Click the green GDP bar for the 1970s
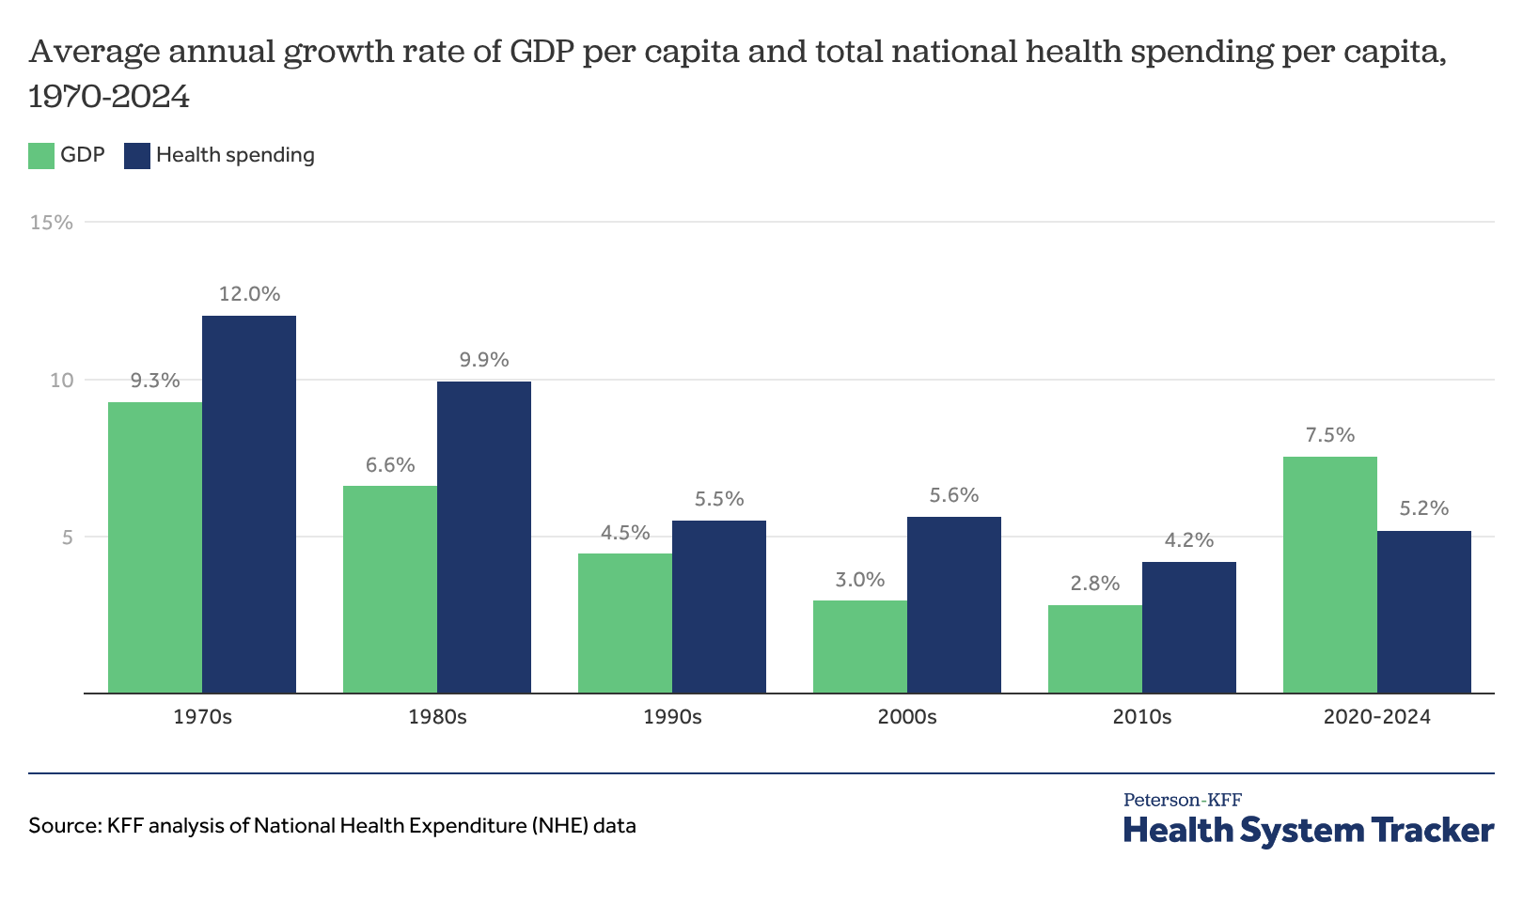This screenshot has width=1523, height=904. point(155,548)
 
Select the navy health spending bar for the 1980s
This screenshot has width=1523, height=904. point(484,538)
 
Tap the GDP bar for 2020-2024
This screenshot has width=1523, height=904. point(1330,575)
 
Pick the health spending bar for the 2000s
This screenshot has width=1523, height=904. point(954,605)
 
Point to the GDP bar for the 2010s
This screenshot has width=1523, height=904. point(1095,649)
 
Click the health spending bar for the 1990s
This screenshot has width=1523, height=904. point(719,607)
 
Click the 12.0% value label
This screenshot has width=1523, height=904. point(249,294)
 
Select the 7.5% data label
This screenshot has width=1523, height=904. point(1330,435)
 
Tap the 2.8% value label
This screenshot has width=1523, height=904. point(1095,584)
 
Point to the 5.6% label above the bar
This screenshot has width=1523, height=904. point(954,495)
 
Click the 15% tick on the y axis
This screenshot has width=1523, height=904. point(52,223)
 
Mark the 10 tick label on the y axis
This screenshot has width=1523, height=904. point(61,380)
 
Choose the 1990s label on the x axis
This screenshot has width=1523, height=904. point(672,717)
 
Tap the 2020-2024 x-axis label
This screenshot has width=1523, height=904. point(1377,717)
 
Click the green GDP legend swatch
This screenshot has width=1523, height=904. point(41,156)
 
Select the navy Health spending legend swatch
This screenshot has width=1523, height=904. point(137,156)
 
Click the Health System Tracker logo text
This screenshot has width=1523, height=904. point(1309,831)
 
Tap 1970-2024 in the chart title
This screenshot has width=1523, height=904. point(109,96)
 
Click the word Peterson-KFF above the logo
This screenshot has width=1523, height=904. point(1183,800)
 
